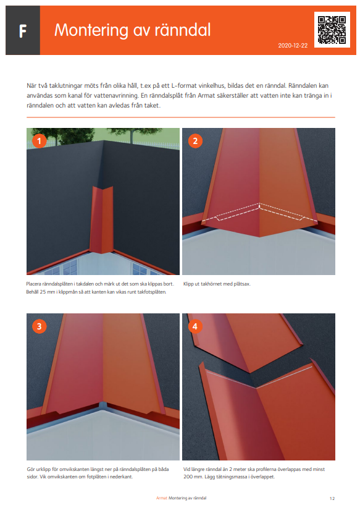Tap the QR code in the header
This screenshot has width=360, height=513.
click(x=332, y=29)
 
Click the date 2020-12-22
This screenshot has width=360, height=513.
click(x=293, y=46)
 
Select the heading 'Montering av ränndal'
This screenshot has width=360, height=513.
click(x=132, y=30)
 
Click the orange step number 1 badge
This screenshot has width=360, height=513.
click(x=40, y=141)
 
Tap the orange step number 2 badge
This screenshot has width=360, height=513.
click(x=195, y=141)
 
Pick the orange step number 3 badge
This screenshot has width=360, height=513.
click(x=40, y=326)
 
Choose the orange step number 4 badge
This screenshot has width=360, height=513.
click(x=195, y=326)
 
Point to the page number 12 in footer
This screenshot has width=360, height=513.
click(x=332, y=498)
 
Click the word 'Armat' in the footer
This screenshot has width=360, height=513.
click(x=161, y=498)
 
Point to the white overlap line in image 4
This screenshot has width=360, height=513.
click(x=259, y=373)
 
